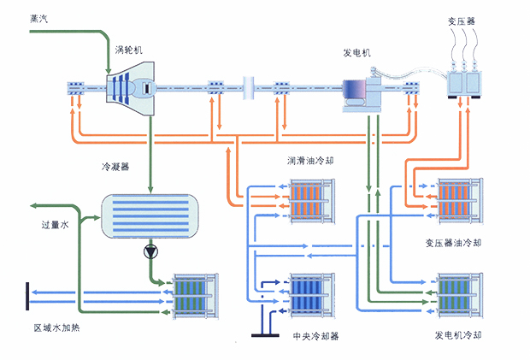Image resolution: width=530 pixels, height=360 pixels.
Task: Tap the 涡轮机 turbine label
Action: tap(127, 50)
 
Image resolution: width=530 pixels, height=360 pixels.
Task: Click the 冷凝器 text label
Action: tap(113, 168)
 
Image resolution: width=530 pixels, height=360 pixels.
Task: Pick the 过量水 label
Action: tap(55, 227)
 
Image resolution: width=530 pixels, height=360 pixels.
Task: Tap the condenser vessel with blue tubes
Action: tap(150, 215)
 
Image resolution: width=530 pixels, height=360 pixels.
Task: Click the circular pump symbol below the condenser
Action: tap(151, 252)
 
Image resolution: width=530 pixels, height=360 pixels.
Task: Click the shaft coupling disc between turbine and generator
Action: tap(248, 86)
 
